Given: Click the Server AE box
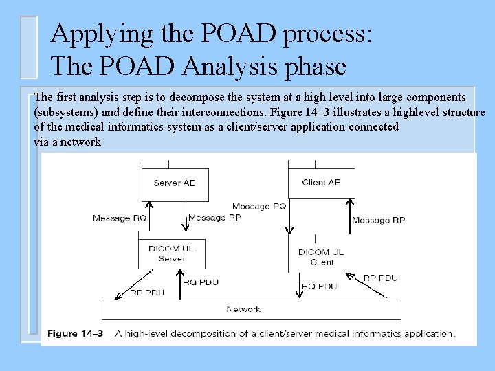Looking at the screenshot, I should point(174,182).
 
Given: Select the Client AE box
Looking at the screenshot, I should point(321,182).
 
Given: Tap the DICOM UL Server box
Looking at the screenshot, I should point(171,254).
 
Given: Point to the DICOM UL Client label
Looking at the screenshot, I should point(321,257).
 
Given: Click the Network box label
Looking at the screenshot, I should point(243,309).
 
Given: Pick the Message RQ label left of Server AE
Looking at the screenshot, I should point(120,218).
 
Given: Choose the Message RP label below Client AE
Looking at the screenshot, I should point(378,220).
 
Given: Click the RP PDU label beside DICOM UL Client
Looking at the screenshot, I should point(380,278).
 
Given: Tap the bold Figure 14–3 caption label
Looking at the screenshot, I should point(75,334).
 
